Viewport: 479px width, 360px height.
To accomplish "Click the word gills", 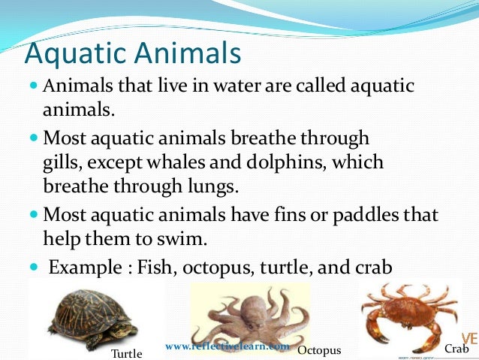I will coord(60,162).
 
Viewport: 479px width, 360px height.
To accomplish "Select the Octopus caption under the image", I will coord(319,351).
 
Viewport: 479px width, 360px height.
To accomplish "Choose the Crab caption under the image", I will coord(456,349).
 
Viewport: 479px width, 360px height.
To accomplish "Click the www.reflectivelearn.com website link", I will coord(227,346).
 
